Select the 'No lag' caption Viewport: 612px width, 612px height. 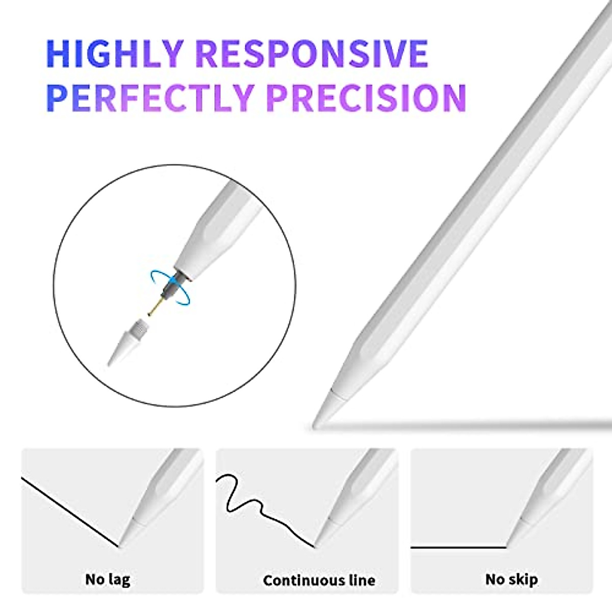coord(108,579)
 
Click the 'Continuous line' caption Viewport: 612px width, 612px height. coord(319,580)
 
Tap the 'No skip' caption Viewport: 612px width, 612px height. coord(512,579)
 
